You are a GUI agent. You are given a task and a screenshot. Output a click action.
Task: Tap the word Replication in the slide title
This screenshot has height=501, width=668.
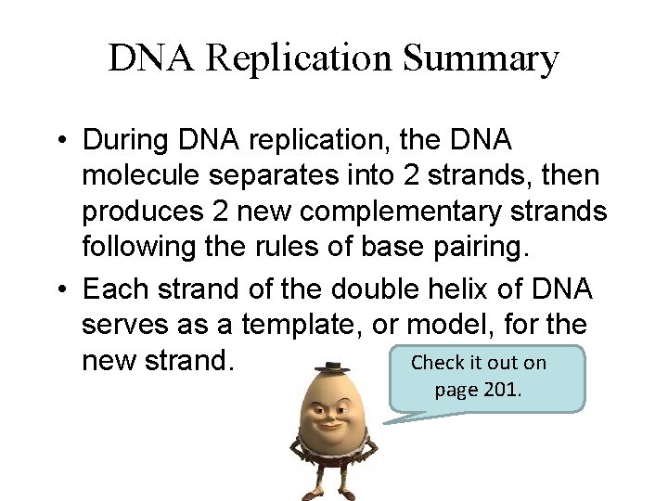(302, 59)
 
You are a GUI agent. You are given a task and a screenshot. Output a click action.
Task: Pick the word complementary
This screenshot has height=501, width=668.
(430, 212)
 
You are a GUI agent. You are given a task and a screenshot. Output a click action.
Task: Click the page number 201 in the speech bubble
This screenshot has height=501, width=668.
(502, 389)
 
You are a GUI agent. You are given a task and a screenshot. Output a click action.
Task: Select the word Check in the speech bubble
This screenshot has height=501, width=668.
(442, 362)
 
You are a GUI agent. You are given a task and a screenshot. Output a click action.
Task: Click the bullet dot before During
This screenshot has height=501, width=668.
(58, 141)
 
